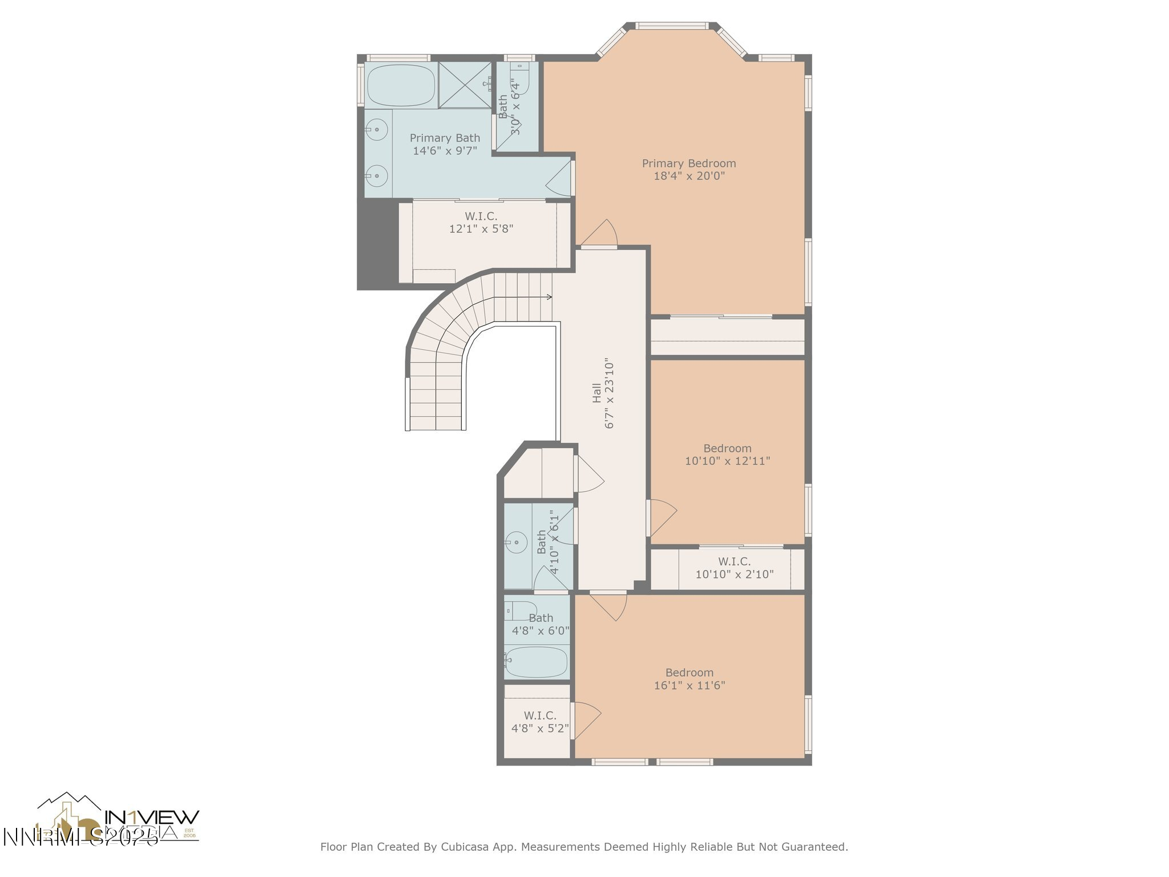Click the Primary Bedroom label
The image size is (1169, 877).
pyautogui.click(x=688, y=163)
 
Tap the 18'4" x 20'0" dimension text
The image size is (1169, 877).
pyautogui.click(x=688, y=176)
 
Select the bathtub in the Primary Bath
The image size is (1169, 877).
pyautogui.click(x=401, y=86)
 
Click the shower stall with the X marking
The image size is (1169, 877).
pyautogui.click(x=465, y=85)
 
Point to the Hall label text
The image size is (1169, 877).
pyautogui.click(x=596, y=393)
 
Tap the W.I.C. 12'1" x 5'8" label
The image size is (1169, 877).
pyautogui.click(x=481, y=223)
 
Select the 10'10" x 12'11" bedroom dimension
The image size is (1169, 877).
pyautogui.click(x=727, y=461)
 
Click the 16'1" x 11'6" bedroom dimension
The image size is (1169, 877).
pyautogui.click(x=689, y=686)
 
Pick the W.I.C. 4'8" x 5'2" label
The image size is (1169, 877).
pyautogui.click(x=539, y=722)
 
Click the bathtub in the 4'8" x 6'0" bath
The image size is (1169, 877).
pyautogui.click(x=537, y=662)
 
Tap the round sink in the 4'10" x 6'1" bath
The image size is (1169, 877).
pyautogui.click(x=517, y=541)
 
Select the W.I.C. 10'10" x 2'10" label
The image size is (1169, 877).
pyautogui.click(x=734, y=568)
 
